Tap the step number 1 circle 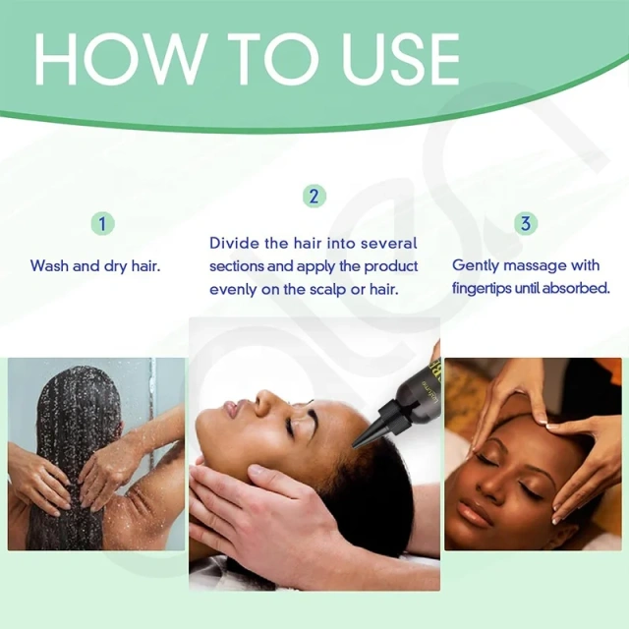[103, 223]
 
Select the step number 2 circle [313, 196]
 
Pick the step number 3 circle [526, 223]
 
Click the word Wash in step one [49, 265]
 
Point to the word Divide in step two [234, 243]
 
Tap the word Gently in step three [476, 265]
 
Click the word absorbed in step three [577, 289]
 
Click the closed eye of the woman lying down [287, 429]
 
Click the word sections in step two [237, 266]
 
